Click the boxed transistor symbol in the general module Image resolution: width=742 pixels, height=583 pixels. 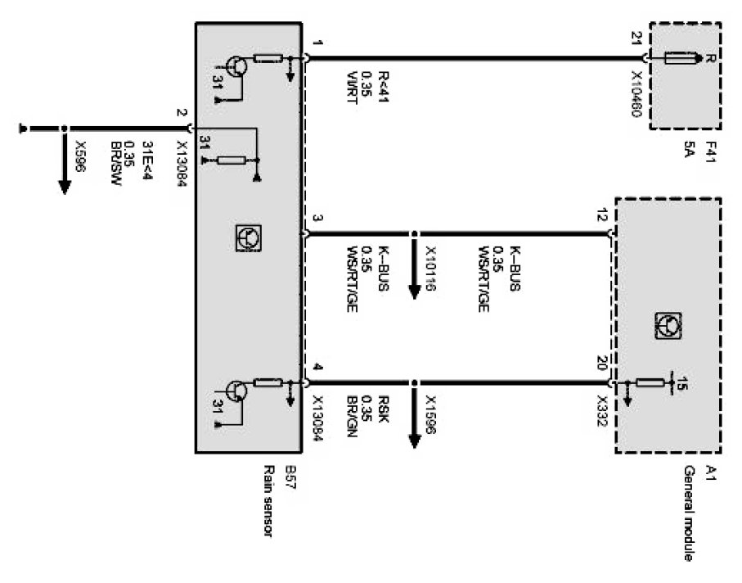[x=667, y=326]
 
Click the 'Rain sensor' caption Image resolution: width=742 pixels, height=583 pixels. [x=268, y=499]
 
